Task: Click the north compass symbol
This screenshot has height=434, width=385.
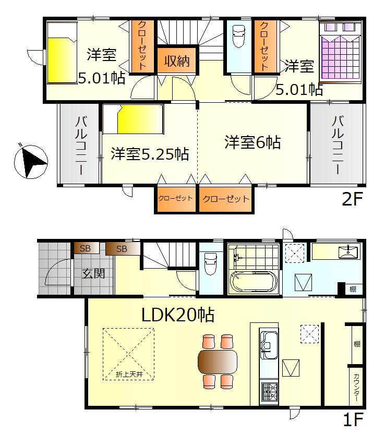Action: pos(31,161)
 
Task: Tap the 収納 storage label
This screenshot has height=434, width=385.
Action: pos(177,61)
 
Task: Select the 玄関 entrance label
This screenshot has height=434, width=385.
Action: pos(93,273)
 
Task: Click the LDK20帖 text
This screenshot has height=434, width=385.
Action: pos(178,315)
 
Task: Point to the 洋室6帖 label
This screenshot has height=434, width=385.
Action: pos(252,142)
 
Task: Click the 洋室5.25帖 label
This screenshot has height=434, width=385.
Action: pos(150,154)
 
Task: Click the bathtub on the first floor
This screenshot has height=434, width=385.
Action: pos(254,282)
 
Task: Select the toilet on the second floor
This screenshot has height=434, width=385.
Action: pos(238,37)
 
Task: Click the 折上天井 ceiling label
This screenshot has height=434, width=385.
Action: pos(129,375)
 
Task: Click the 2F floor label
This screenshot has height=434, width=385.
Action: pos(352,199)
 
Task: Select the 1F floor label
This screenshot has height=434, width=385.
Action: pos(353,419)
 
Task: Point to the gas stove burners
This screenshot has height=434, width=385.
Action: pos(269,392)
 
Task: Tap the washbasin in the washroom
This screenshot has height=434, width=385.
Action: pos(348,252)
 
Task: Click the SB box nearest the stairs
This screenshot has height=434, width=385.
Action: pos(122,249)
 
